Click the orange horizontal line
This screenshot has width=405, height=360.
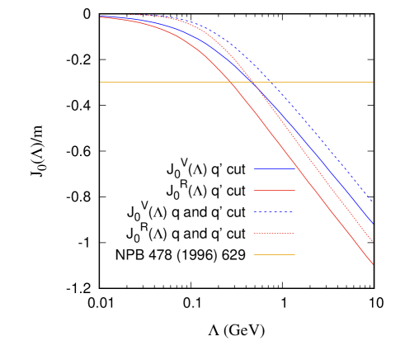click(x=165, y=82)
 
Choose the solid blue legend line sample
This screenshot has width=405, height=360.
click(x=274, y=168)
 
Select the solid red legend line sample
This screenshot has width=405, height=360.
click(x=274, y=190)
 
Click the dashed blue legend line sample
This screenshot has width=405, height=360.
click(x=274, y=212)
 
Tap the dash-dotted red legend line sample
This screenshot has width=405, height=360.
click(x=274, y=233)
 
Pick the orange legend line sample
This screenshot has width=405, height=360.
click(x=274, y=254)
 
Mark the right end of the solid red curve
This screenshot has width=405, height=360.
click(x=373, y=264)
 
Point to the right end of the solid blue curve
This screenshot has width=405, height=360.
click(x=373, y=224)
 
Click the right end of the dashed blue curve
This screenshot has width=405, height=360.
click(x=373, y=201)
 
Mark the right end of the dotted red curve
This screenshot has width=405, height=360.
click(x=373, y=242)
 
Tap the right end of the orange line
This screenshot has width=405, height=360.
click(x=374, y=82)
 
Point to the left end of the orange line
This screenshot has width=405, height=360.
click(x=100, y=82)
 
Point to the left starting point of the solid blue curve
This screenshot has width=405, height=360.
click(x=100, y=17)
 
